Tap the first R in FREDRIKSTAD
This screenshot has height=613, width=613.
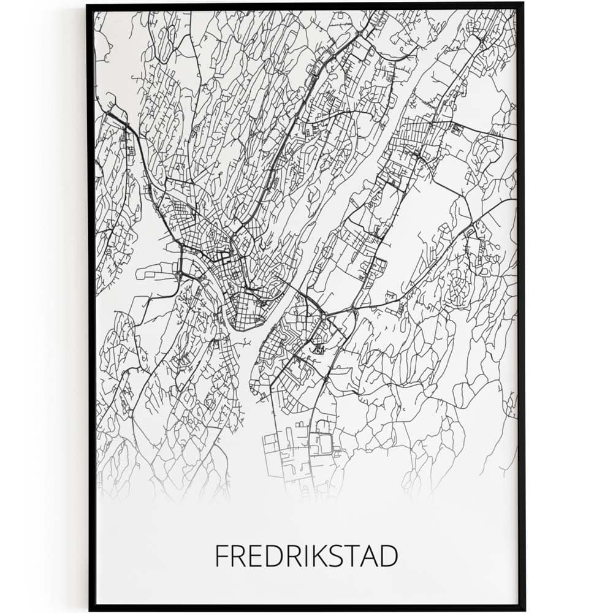tap(237, 556)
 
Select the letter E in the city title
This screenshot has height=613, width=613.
tap(253, 556)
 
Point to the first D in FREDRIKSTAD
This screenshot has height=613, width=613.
tap(270, 556)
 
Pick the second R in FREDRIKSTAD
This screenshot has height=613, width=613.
tap(288, 556)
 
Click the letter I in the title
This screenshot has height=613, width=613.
tap(300, 556)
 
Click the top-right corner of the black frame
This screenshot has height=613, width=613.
tap(522, 6)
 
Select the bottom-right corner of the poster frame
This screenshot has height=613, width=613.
tap(524, 609)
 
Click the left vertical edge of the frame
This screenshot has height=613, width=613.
tap(91, 306)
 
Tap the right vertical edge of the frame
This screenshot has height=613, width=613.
tap(522, 306)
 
